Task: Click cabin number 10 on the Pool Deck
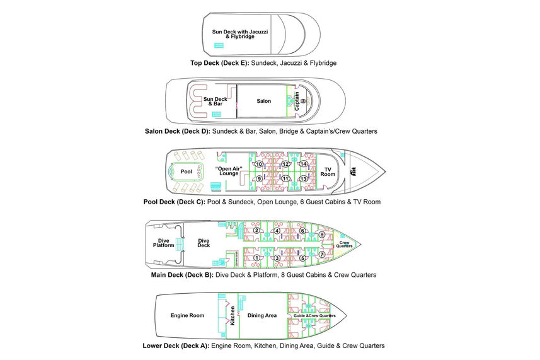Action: tap(259, 165)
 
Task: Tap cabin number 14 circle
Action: tap(303, 165)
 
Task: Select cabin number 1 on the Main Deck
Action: tap(256, 257)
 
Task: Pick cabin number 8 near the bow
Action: tap(322, 235)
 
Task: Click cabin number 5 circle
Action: tap(302, 257)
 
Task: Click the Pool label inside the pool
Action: tap(187, 171)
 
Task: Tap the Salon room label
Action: tap(263, 101)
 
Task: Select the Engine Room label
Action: tap(187, 315)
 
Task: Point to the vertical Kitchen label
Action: tap(233, 315)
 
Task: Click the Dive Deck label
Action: tap(204, 243)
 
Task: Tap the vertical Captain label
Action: tap(297, 101)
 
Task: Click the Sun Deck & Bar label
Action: tap(215, 102)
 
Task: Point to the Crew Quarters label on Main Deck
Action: tap(345, 244)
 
